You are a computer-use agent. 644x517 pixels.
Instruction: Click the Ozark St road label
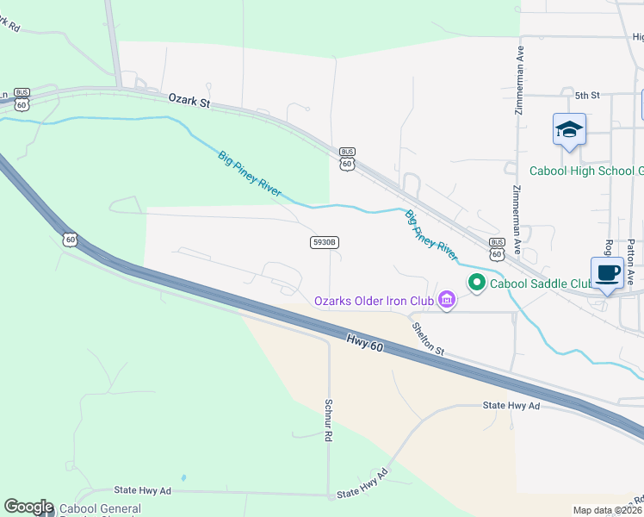(x=189, y=101)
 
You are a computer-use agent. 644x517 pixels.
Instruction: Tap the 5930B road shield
(x=324, y=243)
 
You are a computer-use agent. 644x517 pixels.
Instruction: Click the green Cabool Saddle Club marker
(x=476, y=282)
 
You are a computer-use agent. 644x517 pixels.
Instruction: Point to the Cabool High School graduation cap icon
(x=569, y=130)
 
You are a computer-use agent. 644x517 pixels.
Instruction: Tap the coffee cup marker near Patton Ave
(x=607, y=273)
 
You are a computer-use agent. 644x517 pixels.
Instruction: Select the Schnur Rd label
(x=328, y=420)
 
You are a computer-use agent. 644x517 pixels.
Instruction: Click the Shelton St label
(x=428, y=339)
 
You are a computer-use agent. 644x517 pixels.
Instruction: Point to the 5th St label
(x=586, y=96)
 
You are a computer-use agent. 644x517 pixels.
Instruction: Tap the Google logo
(x=28, y=508)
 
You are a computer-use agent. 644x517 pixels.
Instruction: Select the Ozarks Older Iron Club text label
(x=374, y=301)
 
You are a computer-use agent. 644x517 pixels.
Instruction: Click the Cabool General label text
(x=100, y=508)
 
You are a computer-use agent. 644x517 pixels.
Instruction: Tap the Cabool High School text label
(x=585, y=171)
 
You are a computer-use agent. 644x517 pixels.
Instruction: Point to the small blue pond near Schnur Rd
(x=183, y=477)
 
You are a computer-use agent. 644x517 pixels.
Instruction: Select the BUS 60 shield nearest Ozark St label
(x=346, y=158)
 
